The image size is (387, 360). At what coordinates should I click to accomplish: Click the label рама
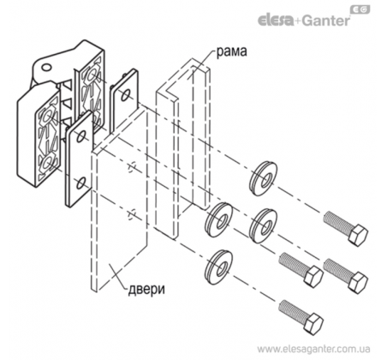click(x=231, y=51)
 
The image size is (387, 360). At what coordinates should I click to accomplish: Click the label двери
click(x=146, y=289)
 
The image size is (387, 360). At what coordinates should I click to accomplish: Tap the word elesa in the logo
click(x=276, y=21)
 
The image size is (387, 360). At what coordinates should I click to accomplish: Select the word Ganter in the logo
click(x=326, y=21)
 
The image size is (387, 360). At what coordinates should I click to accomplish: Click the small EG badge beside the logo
click(x=360, y=9)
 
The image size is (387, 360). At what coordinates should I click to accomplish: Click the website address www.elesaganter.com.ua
click(x=313, y=349)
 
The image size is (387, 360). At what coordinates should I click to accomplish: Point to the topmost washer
click(x=263, y=178)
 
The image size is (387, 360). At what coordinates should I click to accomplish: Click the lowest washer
click(x=218, y=267)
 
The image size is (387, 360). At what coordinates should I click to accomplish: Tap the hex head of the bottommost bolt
click(x=313, y=323)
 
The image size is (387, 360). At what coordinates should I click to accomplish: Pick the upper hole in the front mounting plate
click(x=81, y=136)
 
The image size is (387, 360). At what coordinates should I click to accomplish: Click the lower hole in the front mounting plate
click(x=81, y=183)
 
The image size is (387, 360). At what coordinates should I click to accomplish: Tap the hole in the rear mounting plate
click(x=125, y=95)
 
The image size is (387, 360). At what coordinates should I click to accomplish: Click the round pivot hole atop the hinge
click(x=46, y=68)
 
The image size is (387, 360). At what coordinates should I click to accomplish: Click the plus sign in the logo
click(x=297, y=21)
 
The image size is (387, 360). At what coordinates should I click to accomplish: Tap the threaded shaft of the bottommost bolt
click(x=292, y=311)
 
